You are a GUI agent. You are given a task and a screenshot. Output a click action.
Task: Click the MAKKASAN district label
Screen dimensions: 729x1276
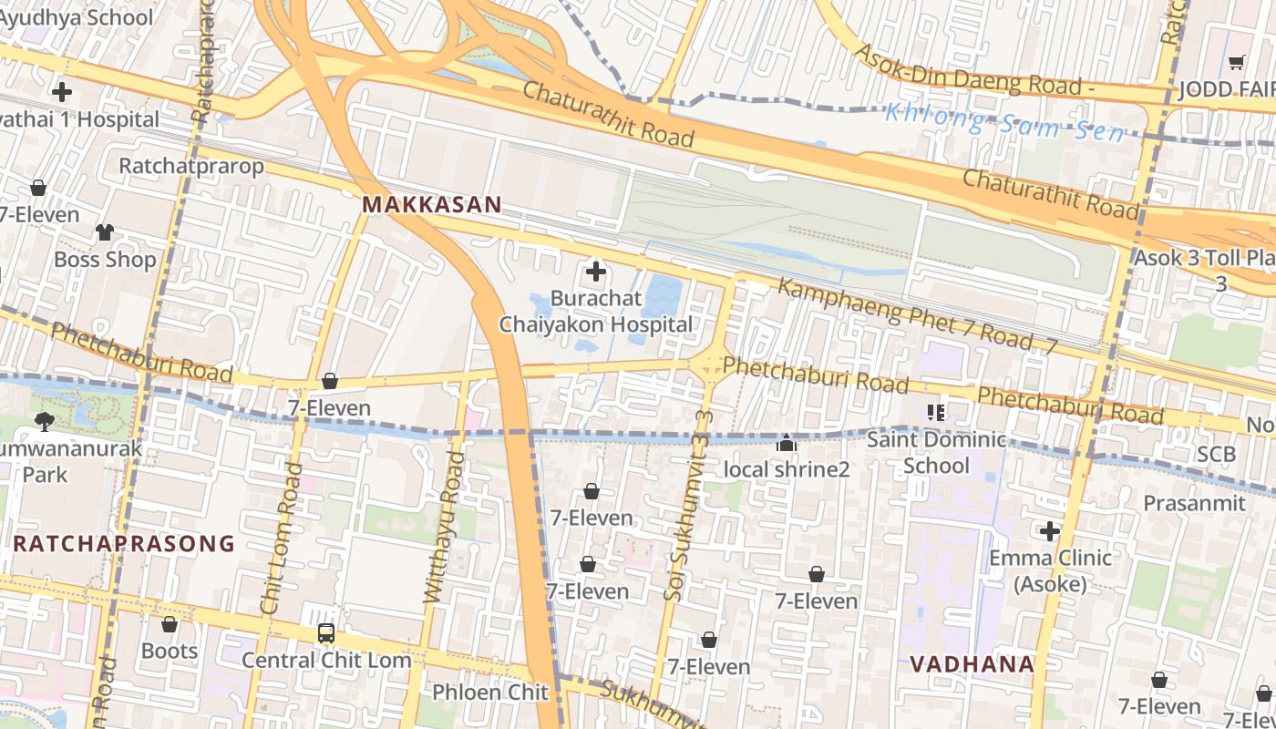pos(432,205)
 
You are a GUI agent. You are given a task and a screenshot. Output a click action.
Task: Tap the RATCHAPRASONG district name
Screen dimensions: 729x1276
pos(125,544)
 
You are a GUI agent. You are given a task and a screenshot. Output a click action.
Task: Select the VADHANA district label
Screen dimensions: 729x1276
pos(972,664)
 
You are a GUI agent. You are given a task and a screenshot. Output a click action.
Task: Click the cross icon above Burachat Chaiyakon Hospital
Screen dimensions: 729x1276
pos(595,272)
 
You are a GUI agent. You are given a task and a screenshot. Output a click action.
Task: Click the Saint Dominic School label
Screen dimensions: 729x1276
pos(936,453)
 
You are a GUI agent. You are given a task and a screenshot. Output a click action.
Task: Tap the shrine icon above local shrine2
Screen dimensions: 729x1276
pos(786,444)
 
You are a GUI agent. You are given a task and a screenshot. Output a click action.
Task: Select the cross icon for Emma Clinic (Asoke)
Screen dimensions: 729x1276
pos(1050,530)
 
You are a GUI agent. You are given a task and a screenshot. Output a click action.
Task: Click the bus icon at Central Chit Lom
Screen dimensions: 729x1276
pos(325,632)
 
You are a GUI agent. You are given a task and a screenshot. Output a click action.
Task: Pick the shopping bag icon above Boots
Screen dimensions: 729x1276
pos(169,624)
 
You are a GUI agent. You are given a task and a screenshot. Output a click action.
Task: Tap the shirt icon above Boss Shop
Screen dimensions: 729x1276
pos(105,232)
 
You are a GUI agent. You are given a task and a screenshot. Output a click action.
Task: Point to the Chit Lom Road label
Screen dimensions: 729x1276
pos(282,538)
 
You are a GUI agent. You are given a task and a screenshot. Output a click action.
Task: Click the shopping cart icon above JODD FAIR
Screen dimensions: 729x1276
pos(1236,63)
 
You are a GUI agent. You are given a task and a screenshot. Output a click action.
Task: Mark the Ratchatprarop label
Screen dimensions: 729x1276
pos(191,166)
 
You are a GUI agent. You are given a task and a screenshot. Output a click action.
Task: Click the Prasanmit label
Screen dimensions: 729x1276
pos(1194,503)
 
